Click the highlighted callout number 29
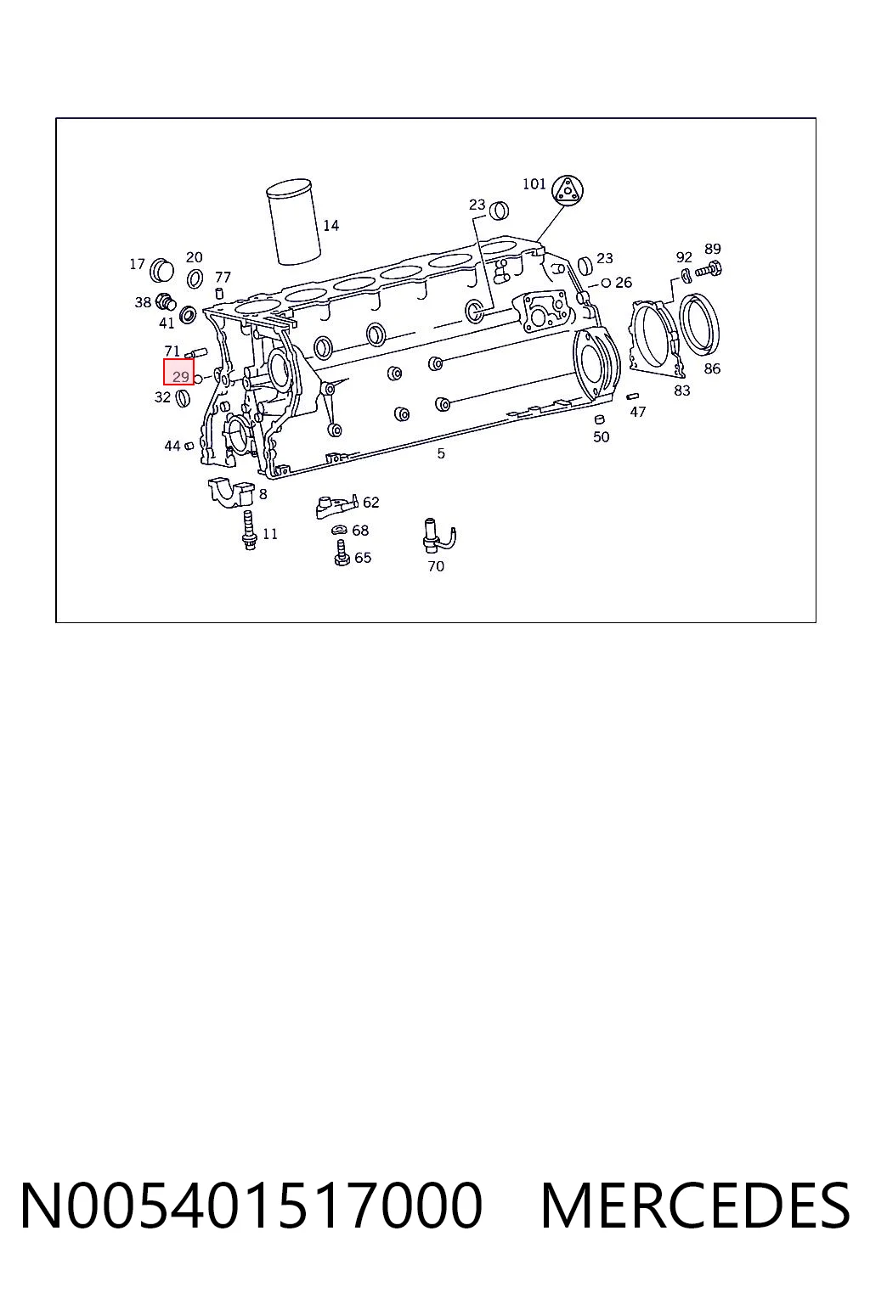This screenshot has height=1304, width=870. pos(181,377)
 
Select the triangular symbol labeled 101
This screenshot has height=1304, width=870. pos(568,189)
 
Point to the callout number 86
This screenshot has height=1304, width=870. pos(712,368)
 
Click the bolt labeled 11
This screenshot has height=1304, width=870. pos(249,530)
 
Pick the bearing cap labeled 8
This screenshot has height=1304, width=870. pos(231,492)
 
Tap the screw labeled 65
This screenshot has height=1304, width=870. pos(342,553)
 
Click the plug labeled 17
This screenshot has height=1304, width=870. pos(161,269)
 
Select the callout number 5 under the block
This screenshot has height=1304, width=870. pos(441,452)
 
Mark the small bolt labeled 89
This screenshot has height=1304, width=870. pos(709,269)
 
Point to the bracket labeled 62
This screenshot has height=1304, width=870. pos(336,506)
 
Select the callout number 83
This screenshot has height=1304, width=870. pos(681,391)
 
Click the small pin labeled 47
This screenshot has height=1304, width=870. pos(632,396)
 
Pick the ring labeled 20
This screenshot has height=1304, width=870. pos(195,278)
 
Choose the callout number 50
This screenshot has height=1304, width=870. pos(602,436)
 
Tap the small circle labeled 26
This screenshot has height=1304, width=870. pos(606,283)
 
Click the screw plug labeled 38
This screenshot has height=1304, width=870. pos(167,300)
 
